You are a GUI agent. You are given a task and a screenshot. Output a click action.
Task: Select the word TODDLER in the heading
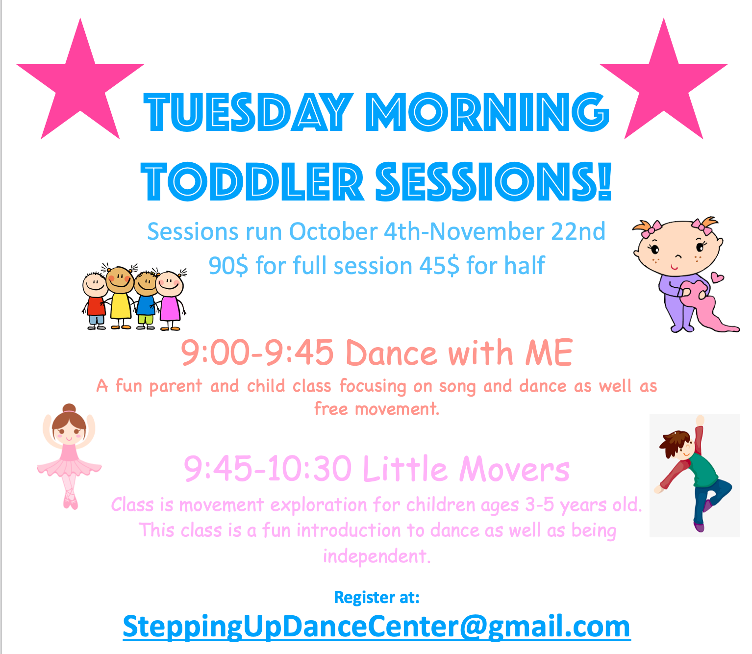pos(252,181)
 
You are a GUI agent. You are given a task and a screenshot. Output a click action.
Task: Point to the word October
pos(333,231)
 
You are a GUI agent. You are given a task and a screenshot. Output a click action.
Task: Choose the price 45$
pos(439,265)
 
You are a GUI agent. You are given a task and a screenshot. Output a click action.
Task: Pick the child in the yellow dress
pos(120,298)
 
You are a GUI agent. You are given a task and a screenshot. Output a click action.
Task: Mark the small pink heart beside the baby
pos(717,277)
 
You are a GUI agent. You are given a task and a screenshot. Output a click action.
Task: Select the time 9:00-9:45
pos(257,352)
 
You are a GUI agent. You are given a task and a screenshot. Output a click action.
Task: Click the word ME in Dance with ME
pos(549,352)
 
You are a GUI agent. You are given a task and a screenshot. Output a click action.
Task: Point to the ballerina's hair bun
pos(69,408)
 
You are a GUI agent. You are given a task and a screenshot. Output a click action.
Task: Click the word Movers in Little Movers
pos(514,470)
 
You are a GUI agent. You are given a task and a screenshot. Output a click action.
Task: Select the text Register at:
pos(376,598)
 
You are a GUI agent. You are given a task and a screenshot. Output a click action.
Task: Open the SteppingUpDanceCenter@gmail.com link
pos(376,627)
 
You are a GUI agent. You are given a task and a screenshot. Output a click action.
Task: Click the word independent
pos(376,556)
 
